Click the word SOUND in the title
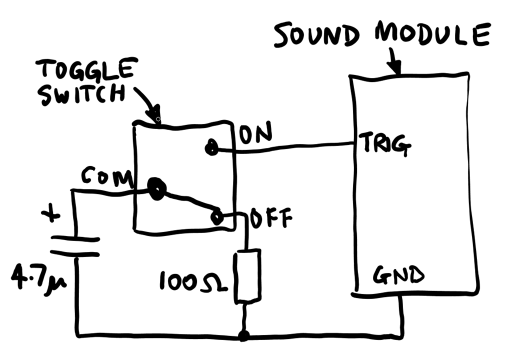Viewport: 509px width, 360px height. pos(316,35)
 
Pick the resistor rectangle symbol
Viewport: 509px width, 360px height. pos(247,275)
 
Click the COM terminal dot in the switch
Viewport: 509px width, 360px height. pos(156,189)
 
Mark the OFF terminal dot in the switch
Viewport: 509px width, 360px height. pos(217,217)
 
